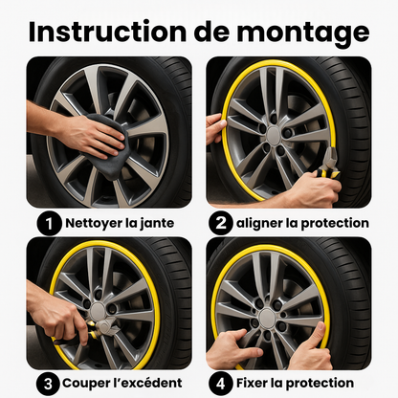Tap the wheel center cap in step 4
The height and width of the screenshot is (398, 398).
click(x=269, y=317)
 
